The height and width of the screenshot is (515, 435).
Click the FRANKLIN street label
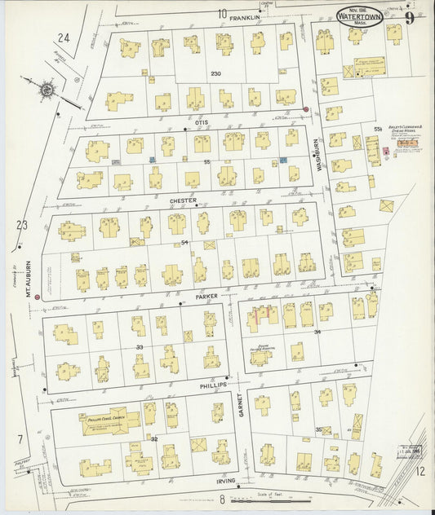click(248, 15)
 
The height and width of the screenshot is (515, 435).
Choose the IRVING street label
click(224, 481)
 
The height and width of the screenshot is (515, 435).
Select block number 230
click(216, 74)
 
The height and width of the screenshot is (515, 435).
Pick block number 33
click(140, 348)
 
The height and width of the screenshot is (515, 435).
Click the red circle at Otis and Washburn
click(306, 110)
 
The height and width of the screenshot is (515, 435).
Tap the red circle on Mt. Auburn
click(37, 297)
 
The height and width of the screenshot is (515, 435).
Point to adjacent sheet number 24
click(64, 37)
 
